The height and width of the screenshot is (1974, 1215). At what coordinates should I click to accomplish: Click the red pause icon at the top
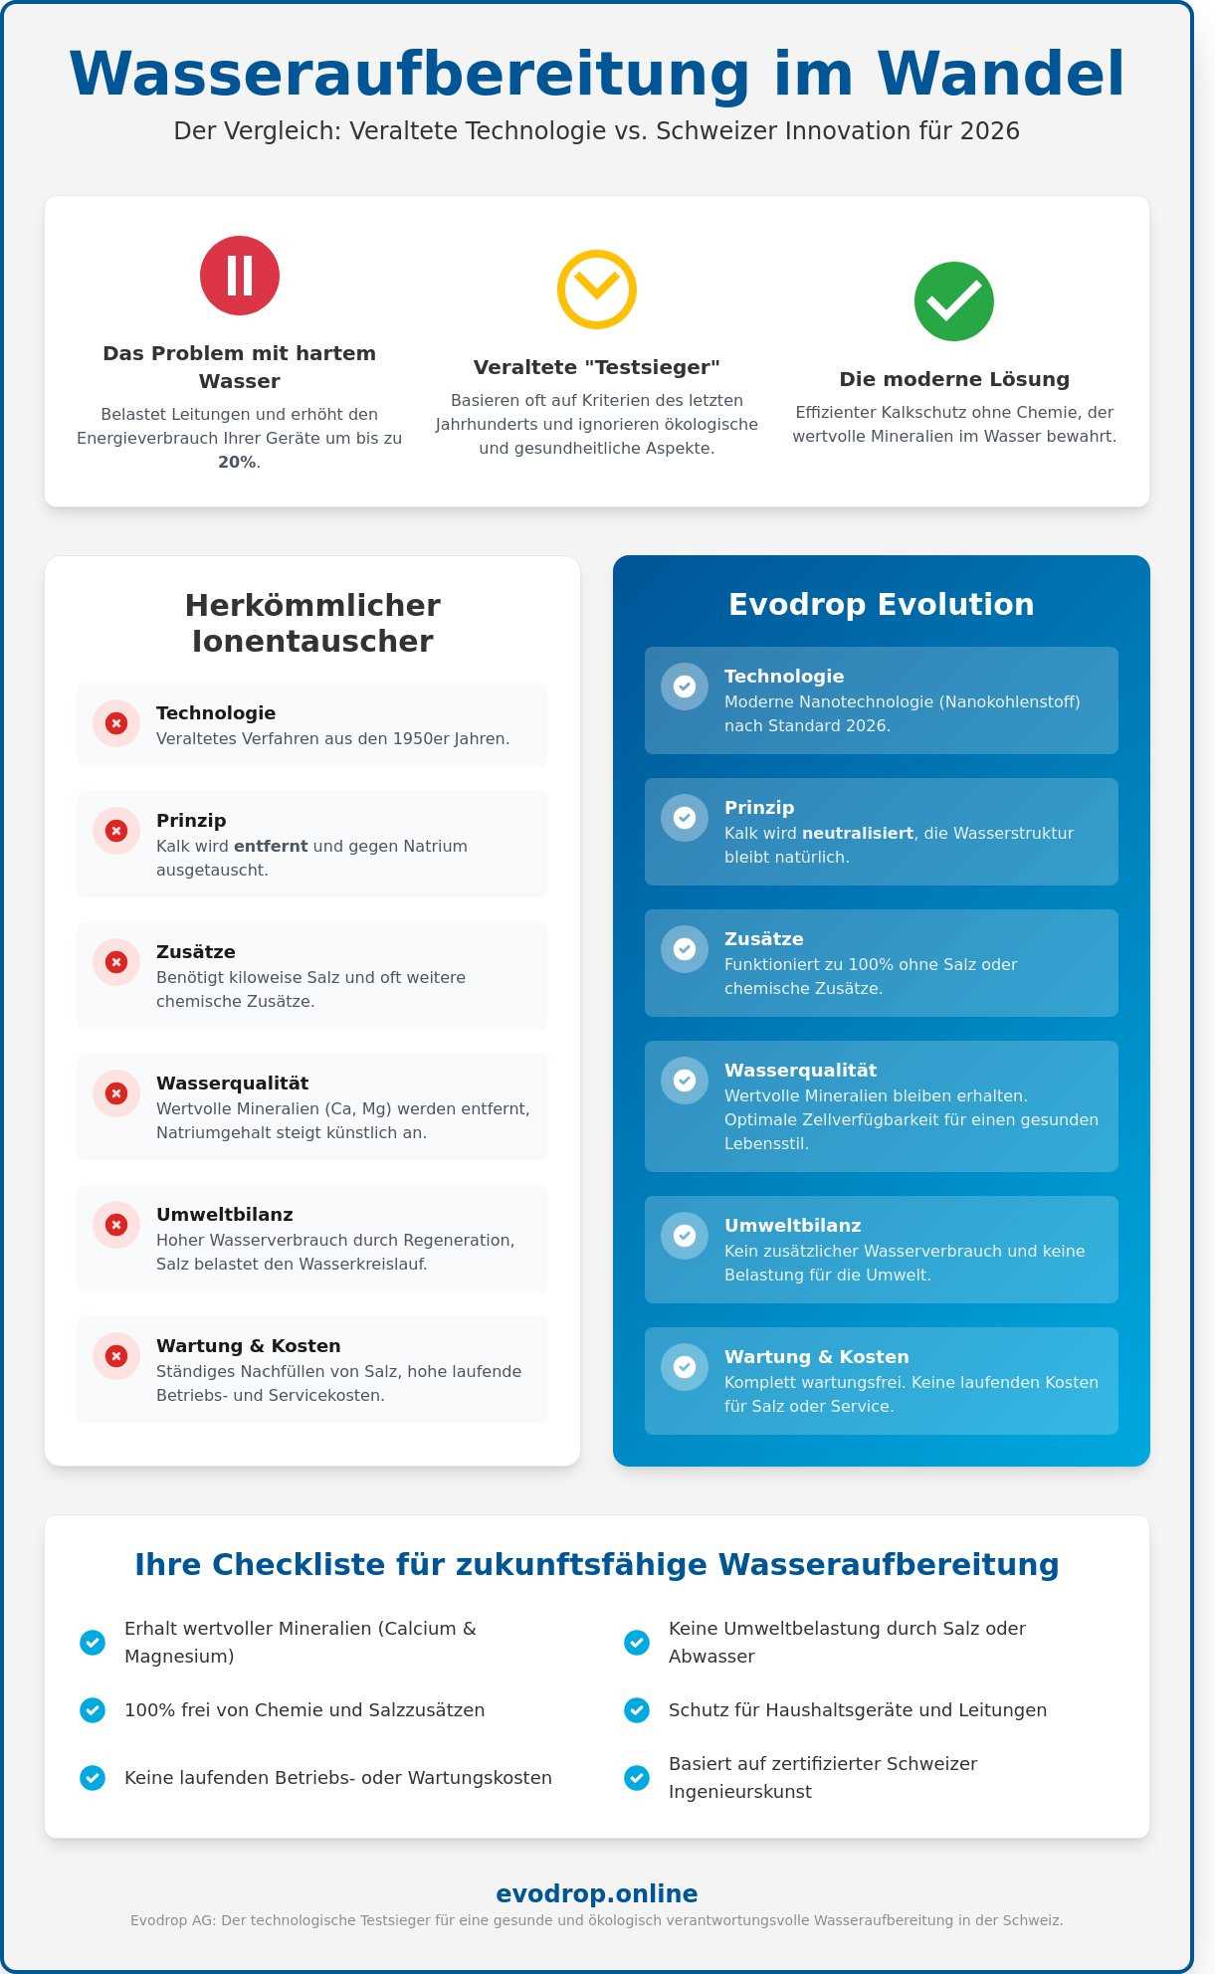pos(240,276)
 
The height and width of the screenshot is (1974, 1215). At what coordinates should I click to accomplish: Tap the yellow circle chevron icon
pos(596,290)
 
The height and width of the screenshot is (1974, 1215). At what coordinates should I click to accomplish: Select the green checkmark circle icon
pos(953,301)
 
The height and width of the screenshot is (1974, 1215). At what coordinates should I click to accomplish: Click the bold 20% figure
pos(237,462)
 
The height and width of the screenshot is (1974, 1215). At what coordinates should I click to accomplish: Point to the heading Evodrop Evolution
pos(881,604)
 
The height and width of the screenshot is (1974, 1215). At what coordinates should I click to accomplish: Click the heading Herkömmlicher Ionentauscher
pos(312,623)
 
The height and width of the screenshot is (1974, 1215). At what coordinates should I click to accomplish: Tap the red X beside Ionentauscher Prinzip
pos(116,831)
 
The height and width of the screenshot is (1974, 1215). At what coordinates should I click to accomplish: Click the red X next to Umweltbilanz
pos(116,1225)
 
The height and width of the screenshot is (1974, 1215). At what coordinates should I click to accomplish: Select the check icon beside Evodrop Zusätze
pos(685,949)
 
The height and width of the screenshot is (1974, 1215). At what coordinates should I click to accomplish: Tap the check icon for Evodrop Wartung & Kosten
pos(685,1367)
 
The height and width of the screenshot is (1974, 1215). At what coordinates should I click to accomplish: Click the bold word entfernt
pos(271,846)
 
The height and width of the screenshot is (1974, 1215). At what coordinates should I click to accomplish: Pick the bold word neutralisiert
pos(858,833)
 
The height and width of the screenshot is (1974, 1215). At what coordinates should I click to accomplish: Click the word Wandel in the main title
pos(1000,74)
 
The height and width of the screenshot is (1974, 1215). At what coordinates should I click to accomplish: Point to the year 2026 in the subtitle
pos(989,130)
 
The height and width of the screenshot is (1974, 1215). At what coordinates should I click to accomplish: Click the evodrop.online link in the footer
pos(596,1893)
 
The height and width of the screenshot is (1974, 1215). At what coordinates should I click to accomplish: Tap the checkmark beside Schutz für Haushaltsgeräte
pos(637,1710)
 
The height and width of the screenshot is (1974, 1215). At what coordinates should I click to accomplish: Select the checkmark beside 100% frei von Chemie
pos(93,1710)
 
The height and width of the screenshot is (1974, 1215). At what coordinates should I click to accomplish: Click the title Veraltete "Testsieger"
pos(596,367)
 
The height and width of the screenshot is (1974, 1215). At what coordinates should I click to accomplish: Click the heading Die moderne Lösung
pos(953,379)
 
